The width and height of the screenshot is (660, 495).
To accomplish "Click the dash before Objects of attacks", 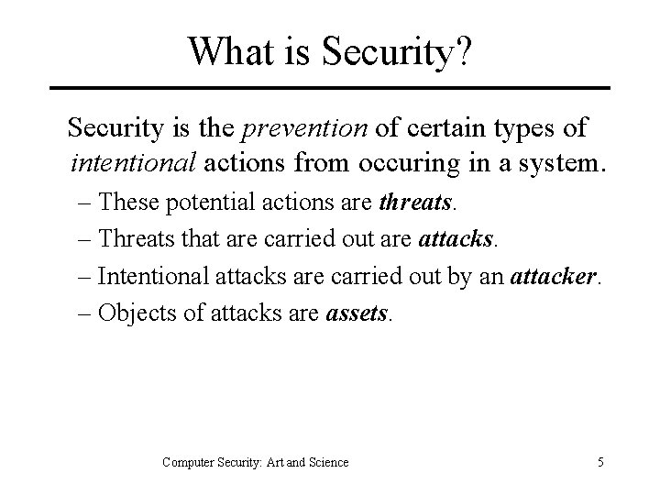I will point(82,313).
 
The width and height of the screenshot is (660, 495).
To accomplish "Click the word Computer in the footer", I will point(188,462).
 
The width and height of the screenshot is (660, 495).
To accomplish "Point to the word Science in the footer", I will point(327,462).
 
